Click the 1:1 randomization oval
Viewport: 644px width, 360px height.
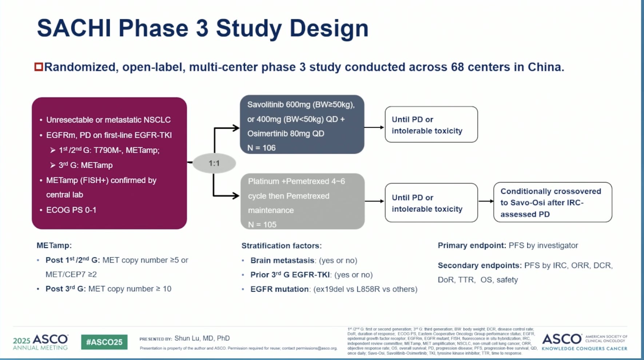point(214,163)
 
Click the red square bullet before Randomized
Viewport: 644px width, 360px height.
point(39,67)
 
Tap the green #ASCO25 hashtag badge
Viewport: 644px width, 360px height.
point(104,342)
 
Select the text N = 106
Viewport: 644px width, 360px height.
point(261,148)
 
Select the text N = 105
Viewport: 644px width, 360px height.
point(262,225)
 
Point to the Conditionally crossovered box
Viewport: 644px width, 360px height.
point(552,202)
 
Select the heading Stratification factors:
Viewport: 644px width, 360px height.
point(281,246)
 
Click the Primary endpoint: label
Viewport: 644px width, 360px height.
point(472,245)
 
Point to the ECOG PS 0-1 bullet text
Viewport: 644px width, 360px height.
point(71,210)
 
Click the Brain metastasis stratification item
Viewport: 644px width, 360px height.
point(282,260)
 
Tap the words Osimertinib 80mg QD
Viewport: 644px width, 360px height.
point(286,133)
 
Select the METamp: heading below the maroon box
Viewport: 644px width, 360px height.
point(54,245)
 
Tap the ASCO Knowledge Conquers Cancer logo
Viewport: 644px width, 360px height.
point(584,342)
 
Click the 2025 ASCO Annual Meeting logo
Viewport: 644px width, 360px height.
point(40,342)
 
